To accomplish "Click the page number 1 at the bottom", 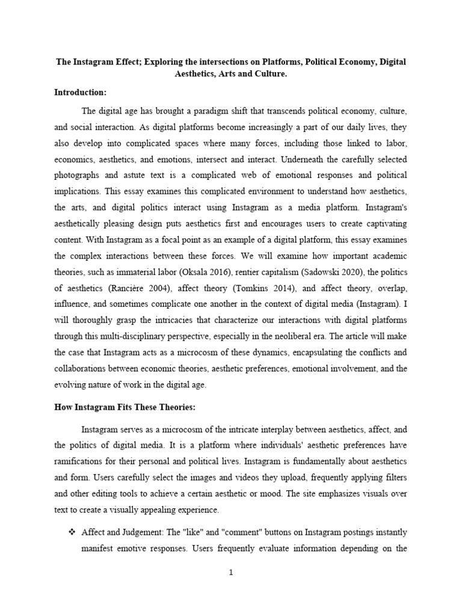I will (230, 573).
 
